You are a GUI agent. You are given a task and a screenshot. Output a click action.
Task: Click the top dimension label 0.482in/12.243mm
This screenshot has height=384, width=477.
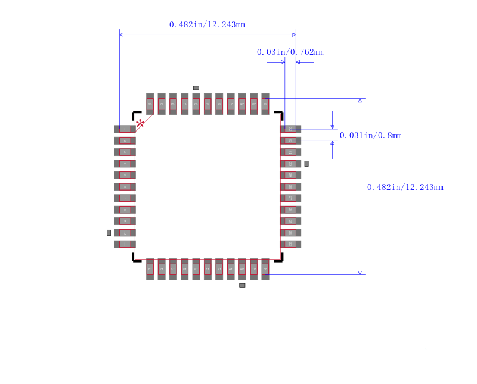[x=207, y=25]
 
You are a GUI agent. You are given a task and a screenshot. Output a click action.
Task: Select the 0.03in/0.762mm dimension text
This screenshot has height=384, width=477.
[x=290, y=52]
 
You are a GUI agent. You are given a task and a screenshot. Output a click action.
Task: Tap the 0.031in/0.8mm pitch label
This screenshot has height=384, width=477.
[x=370, y=136]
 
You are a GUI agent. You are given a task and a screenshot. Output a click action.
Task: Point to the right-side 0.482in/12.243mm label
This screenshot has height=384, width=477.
[x=405, y=188]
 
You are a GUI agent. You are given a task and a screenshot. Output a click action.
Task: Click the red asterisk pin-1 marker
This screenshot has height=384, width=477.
[x=140, y=124]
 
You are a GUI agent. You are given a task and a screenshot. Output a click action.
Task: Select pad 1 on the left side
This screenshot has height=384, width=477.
[x=125, y=129]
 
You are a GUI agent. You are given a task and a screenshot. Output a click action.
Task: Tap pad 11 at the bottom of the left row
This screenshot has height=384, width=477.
[x=125, y=244]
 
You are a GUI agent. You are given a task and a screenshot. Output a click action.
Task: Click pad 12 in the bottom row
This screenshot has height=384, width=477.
[x=150, y=269]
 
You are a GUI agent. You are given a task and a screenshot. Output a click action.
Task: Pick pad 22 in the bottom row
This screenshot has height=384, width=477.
[x=265, y=269]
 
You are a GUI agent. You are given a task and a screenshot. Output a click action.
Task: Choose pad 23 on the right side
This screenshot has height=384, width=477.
[x=290, y=244]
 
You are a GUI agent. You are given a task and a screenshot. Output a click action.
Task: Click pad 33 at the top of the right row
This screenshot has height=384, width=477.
[x=290, y=129]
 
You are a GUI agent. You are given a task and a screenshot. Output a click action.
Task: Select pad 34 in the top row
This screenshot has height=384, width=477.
[x=265, y=104]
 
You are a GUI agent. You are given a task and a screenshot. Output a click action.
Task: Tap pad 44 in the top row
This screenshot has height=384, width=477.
[x=150, y=104]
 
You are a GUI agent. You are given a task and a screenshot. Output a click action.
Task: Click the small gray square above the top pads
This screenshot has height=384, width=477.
[x=196, y=88]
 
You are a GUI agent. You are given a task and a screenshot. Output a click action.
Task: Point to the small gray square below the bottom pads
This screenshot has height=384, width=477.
[x=242, y=285]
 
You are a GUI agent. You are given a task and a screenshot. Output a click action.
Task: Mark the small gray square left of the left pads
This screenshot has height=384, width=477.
[x=109, y=233]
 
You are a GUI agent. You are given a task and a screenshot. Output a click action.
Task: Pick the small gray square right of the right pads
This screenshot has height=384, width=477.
[x=306, y=164]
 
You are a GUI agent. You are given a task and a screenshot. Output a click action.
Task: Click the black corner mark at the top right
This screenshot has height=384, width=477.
[x=279, y=114]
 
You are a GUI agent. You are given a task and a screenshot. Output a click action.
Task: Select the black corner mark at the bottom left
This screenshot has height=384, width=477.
[x=135, y=258]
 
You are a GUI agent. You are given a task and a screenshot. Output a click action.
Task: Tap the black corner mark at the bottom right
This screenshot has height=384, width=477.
[x=280, y=258]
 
